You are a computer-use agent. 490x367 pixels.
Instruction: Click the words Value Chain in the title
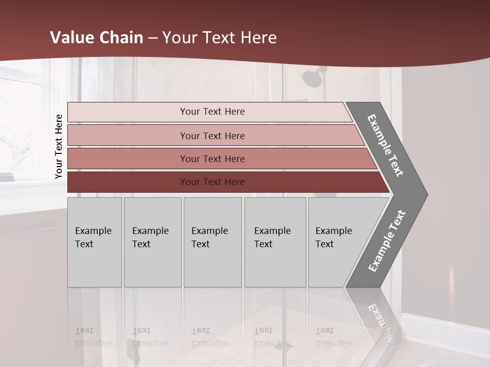pyautogui.click(x=96, y=38)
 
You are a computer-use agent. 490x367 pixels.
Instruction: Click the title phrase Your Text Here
pyautogui.click(x=219, y=38)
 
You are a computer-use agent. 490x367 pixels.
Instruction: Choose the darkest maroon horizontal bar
pyautogui.click(x=128, y=182)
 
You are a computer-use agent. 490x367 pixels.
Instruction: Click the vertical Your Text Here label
pyautogui.click(x=59, y=146)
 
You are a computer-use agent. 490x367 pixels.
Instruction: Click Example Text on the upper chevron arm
pyautogui.click(x=385, y=145)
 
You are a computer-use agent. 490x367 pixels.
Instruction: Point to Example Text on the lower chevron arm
pyautogui.click(x=386, y=241)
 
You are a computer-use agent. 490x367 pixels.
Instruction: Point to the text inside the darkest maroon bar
pyautogui.click(x=212, y=182)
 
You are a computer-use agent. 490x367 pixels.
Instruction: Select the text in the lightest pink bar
pyautogui.click(x=212, y=112)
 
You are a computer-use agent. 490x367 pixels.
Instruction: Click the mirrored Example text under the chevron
pyautogui.click(x=380, y=321)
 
